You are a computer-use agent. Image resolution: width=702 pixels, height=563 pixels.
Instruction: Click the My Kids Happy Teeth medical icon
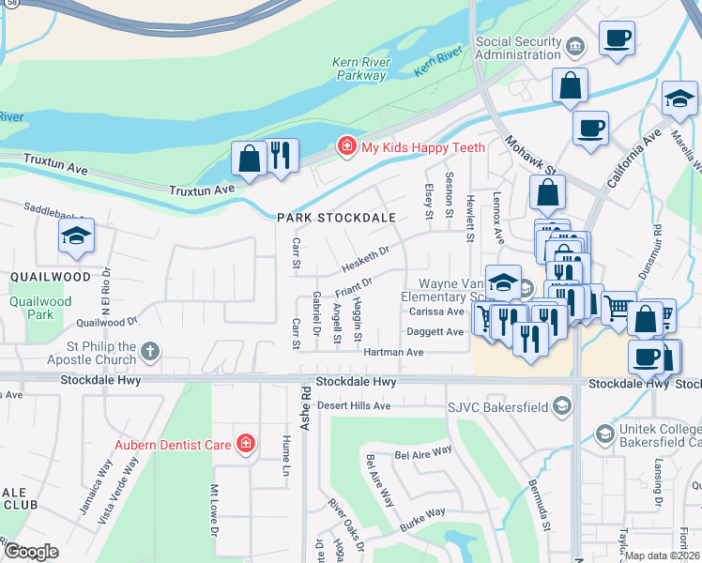pos(346,147)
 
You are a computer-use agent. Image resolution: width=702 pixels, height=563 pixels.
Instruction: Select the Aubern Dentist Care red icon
pos(246,442)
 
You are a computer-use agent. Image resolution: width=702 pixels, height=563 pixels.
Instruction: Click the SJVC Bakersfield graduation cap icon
pos(561,404)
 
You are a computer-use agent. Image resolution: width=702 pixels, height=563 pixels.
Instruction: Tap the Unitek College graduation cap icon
pos(605,433)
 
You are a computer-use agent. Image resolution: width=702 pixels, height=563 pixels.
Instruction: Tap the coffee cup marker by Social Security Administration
pos(616,38)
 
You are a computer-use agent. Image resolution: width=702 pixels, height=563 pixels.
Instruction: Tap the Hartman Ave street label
pos(402,352)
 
